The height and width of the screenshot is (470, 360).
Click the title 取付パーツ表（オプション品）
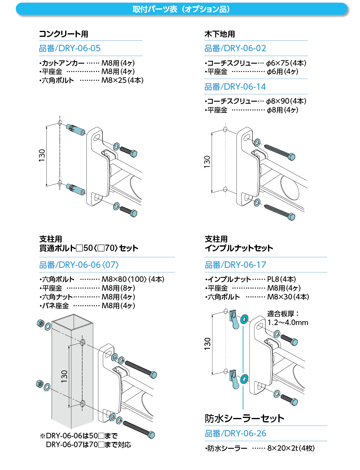click(x=181, y=9)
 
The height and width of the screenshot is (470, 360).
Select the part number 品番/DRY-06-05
click(x=70, y=48)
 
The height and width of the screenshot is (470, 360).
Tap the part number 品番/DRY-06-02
click(x=235, y=48)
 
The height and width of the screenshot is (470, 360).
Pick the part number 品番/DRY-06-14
click(x=235, y=86)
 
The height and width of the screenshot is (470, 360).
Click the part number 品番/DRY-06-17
click(x=235, y=265)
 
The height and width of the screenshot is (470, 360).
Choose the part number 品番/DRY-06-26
click(x=235, y=434)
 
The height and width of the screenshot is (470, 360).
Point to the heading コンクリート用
click(x=63, y=34)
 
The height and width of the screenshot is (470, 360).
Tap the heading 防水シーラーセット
click(x=244, y=418)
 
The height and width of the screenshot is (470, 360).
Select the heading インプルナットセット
click(x=239, y=248)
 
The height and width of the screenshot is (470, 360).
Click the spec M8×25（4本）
click(x=122, y=80)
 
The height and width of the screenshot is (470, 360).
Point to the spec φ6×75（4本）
click(x=286, y=63)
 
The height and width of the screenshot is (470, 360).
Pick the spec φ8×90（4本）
click(x=286, y=101)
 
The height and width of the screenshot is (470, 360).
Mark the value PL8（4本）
click(x=281, y=279)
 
